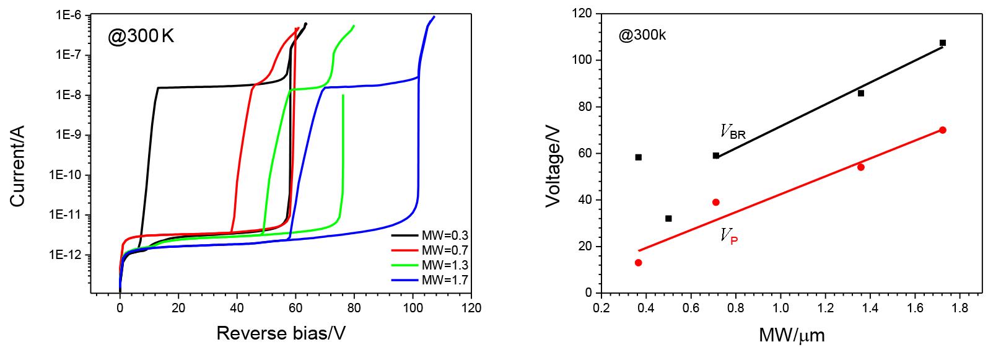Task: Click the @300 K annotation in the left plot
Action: click(x=141, y=37)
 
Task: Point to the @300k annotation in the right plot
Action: click(x=642, y=35)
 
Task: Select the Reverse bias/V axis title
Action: click(x=281, y=333)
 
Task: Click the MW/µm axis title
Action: click(x=792, y=336)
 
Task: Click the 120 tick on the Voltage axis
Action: click(x=582, y=14)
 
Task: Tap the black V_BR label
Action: click(x=733, y=131)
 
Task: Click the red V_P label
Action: click(x=728, y=236)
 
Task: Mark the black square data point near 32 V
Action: click(x=668, y=218)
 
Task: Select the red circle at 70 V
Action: click(x=943, y=130)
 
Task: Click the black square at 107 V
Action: click(x=943, y=43)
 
